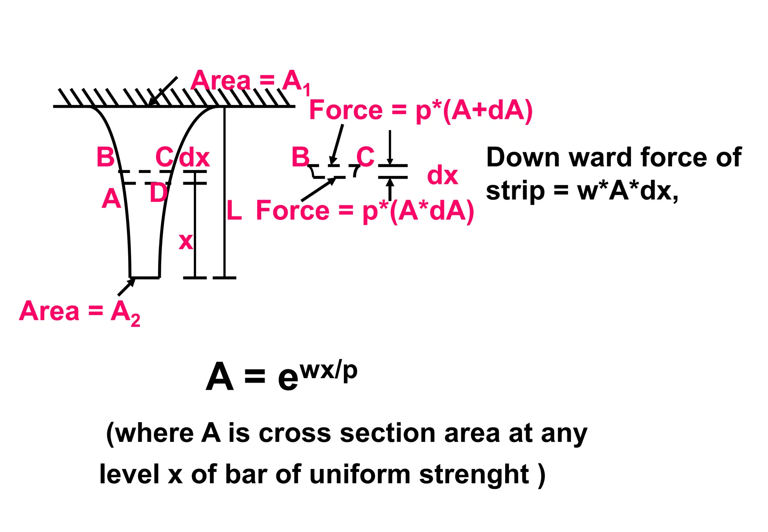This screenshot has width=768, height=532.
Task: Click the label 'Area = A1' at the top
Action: coord(250,82)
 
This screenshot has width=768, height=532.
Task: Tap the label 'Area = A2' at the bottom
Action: coord(79,312)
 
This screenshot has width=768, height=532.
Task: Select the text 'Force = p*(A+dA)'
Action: coord(421,111)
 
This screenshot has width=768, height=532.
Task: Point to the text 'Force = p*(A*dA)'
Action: coord(365,211)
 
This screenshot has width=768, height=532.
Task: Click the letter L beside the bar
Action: coord(234,211)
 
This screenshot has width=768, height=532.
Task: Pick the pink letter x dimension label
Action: coord(186,242)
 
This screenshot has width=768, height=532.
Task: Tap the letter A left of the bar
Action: coord(111,199)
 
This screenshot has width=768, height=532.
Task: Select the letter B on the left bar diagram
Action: coord(105,158)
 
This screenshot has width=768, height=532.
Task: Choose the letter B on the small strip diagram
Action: coord(301,157)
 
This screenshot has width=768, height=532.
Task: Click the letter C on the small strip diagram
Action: coord(365,157)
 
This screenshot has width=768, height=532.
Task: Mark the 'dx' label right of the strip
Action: coord(442,176)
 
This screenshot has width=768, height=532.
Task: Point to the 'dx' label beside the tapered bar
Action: coord(194,158)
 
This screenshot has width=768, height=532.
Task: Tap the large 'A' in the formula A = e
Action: coord(220,377)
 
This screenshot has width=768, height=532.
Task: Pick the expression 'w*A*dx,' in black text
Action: coord(628,191)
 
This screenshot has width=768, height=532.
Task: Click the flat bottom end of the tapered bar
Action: coord(145,278)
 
